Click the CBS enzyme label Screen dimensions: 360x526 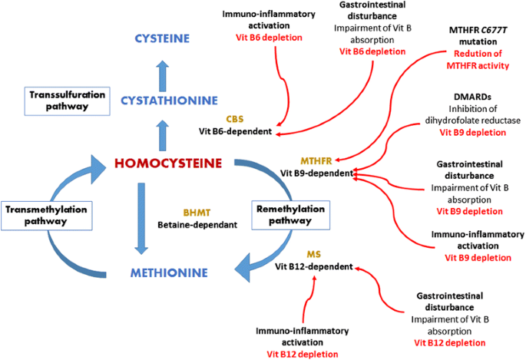click(234, 119)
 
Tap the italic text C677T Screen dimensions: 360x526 click(499, 29)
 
